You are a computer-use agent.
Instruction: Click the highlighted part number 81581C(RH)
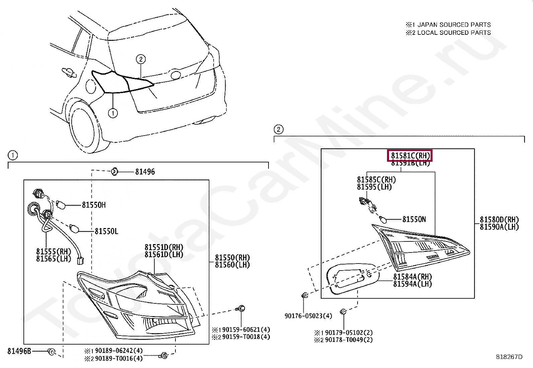tap(410, 156)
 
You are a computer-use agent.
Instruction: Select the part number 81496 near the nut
tap(145, 172)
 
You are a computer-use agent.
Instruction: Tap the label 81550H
tap(94, 205)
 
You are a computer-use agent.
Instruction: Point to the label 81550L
tap(106, 231)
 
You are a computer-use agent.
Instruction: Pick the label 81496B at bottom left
tap(19, 351)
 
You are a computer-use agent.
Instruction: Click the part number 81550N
tap(414, 219)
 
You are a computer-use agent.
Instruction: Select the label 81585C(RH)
tap(376, 180)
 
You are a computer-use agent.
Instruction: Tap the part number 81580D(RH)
tap(499, 220)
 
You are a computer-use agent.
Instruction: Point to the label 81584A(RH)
tap(412, 277)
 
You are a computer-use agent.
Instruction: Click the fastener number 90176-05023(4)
tap(308, 316)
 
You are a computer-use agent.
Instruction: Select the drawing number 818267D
tap(509, 357)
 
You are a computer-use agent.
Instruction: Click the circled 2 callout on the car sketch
tap(141, 60)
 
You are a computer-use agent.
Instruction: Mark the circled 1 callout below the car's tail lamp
tap(113, 114)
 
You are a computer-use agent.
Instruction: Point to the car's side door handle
tap(68, 71)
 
